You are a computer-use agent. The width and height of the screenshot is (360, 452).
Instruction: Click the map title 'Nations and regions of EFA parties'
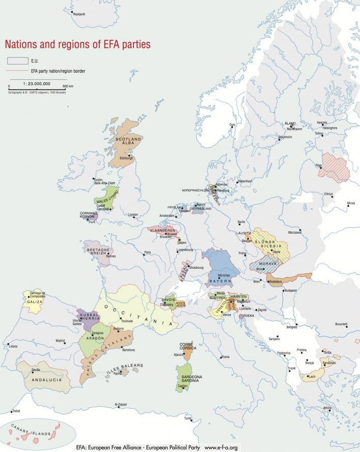pyautogui.click(x=77, y=44)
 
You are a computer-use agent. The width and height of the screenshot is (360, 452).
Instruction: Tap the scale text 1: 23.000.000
pyautogui.click(x=37, y=83)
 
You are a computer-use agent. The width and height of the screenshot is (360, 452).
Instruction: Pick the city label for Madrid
pyautogui.click(x=61, y=341)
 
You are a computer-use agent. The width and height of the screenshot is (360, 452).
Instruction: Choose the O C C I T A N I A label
pyautogui.click(x=136, y=314)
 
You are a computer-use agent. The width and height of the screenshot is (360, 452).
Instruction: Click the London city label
pyautogui.click(x=133, y=215)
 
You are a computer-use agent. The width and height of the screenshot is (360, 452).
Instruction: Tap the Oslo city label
pyautogui.click(x=232, y=125)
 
